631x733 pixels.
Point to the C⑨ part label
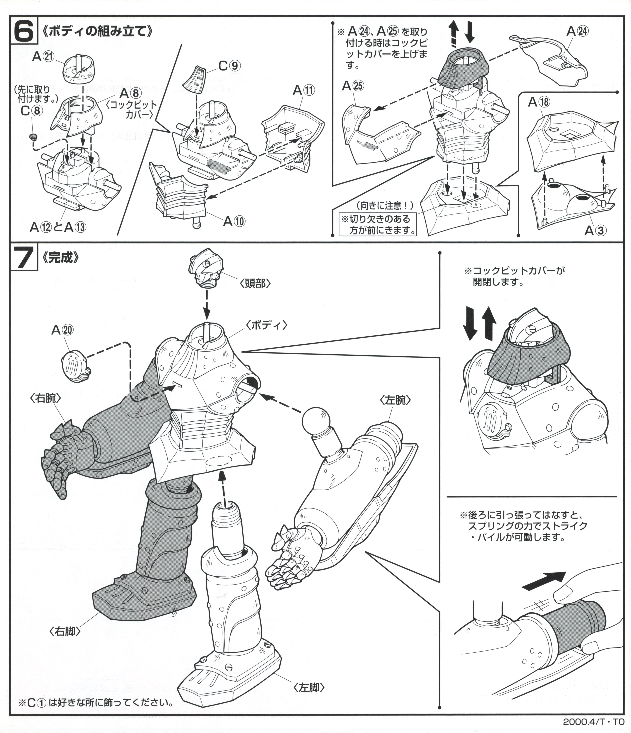click(x=230, y=67)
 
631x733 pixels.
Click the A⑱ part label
click(x=539, y=102)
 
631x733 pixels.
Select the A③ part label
click(x=595, y=231)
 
